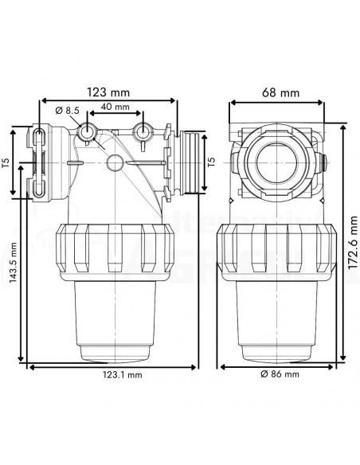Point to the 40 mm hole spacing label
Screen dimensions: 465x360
pyautogui.click(x=115, y=107)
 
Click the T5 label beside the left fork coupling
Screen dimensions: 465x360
pyautogui.click(x=7, y=164)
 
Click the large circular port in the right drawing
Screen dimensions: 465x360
pyautogui.click(x=276, y=158)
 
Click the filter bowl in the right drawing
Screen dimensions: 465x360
pyautogui.click(x=276, y=318)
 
